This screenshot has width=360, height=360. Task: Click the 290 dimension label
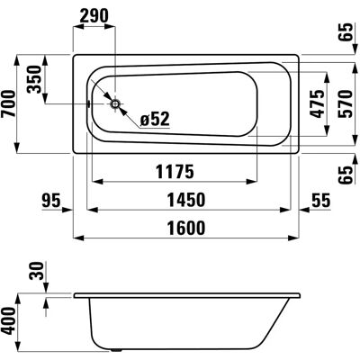click(94, 16)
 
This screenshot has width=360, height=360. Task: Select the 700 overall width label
click(8, 103)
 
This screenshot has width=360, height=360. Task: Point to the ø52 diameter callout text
click(155, 119)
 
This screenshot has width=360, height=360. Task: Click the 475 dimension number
click(318, 103)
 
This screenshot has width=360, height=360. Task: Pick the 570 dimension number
click(345, 103)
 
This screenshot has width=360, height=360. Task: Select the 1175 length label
click(175, 172)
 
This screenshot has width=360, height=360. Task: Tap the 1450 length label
click(186, 200)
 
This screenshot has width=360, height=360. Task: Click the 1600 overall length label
click(186, 228)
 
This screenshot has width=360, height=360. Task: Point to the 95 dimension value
click(51, 200)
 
